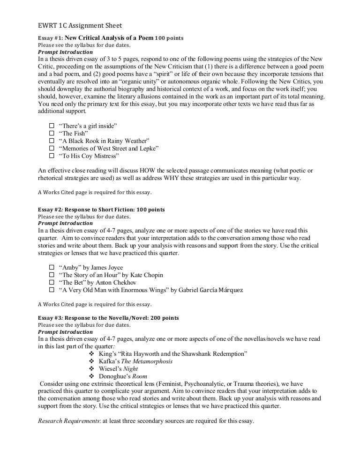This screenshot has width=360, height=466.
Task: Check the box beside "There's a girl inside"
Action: click(51, 127)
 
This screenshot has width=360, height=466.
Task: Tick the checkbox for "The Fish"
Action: click(51, 134)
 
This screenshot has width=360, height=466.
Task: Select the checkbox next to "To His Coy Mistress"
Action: click(51, 156)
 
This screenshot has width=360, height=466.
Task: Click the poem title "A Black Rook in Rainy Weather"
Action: click(104, 141)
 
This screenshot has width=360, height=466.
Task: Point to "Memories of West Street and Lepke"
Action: click(108, 149)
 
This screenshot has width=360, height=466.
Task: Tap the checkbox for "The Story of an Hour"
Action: click(51, 275)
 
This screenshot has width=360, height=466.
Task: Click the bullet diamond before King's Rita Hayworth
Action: click(91, 354)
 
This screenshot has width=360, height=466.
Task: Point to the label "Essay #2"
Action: click(49, 209)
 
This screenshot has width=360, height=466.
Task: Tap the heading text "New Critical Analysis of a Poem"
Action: click(109, 38)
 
